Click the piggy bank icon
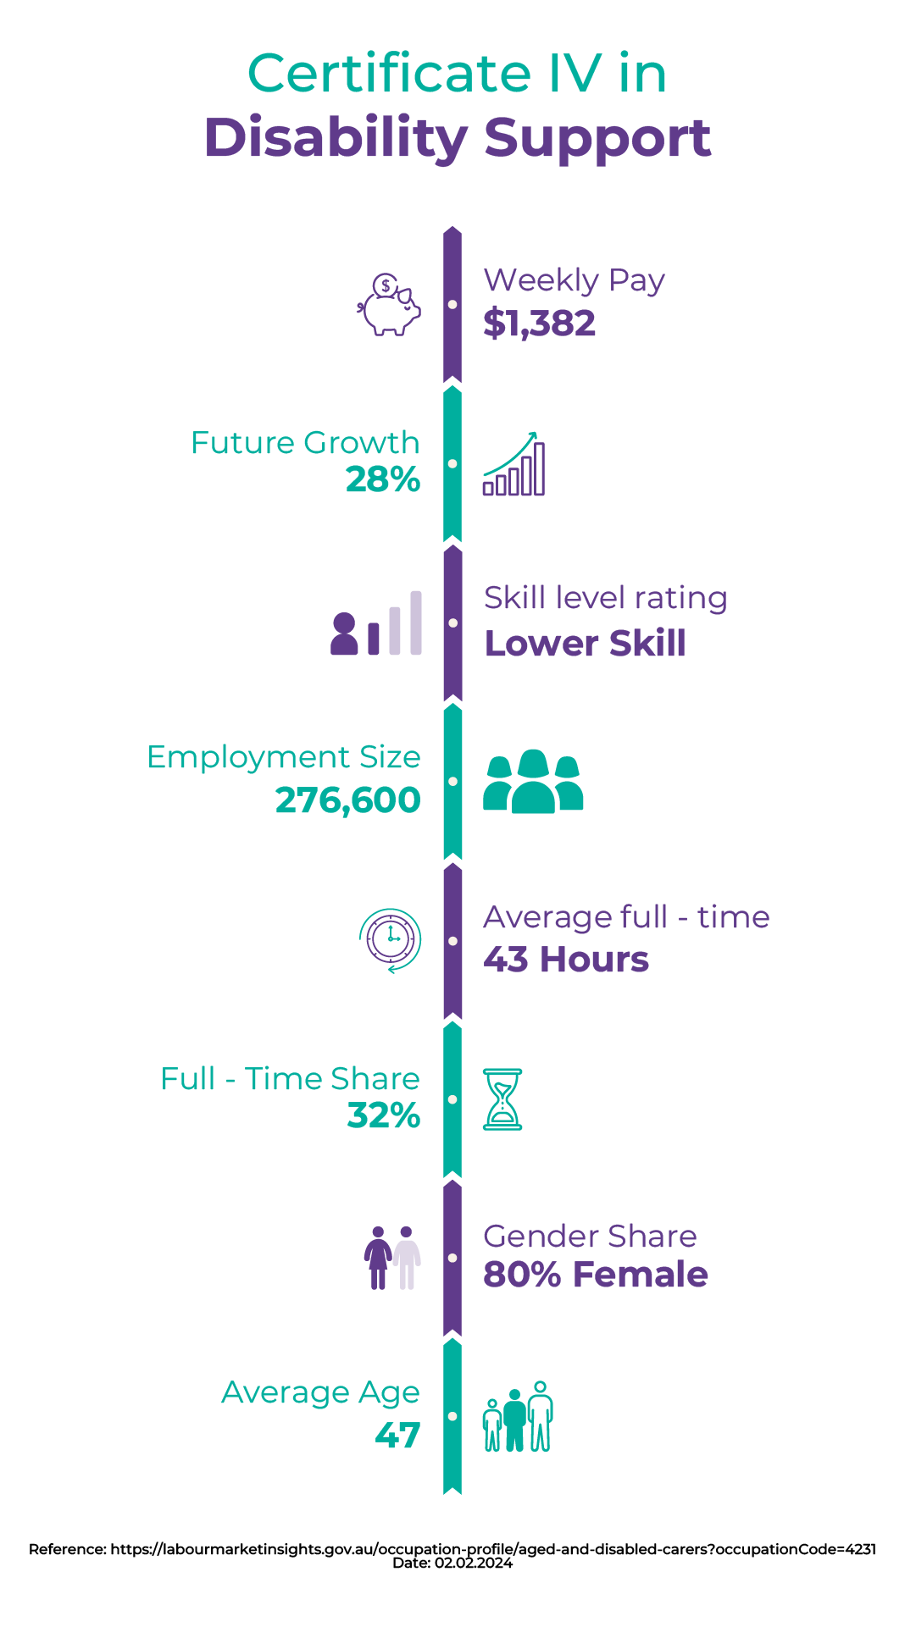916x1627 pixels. [389, 305]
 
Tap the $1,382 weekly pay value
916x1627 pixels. [540, 324]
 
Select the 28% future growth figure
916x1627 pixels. [383, 479]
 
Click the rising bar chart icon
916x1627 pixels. [514, 464]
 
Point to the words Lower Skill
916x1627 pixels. [585, 644]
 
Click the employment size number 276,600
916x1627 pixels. [348, 800]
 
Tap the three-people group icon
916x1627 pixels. [533, 782]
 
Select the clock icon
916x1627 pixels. [391, 940]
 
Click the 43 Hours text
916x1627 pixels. [566, 960]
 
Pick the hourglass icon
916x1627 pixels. [502, 1099]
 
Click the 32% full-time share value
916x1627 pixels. [384, 1115]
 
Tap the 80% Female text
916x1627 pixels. [596, 1275]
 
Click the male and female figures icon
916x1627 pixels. [392, 1258]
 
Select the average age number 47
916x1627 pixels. [398, 1435]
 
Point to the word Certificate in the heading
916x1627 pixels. [390, 74]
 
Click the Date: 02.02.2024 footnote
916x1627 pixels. [452, 1563]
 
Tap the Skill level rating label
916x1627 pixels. [606, 598]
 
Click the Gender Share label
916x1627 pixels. [590, 1237]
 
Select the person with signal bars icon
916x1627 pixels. [376, 623]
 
